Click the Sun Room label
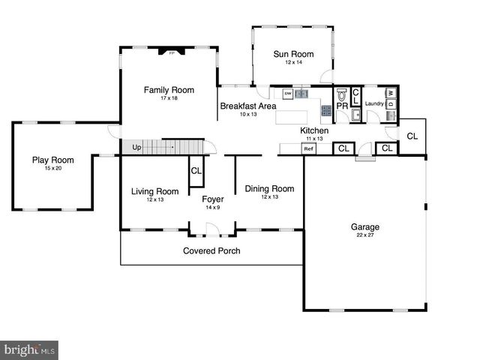tap(292, 54)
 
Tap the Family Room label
tap(169, 90)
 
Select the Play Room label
tap(52, 159)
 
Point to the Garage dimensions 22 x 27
tap(365, 235)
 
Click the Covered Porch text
tap(211, 250)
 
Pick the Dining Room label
tap(269, 188)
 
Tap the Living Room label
tap(154, 191)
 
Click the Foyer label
tap(213, 199)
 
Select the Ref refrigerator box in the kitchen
tap(308, 149)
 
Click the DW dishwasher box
tap(287, 94)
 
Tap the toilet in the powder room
tap(342, 96)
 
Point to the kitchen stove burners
tap(326, 109)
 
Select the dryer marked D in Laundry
tap(391, 104)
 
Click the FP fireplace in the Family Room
tap(171, 52)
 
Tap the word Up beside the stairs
tap(136, 147)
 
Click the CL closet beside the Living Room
tap(196, 171)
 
